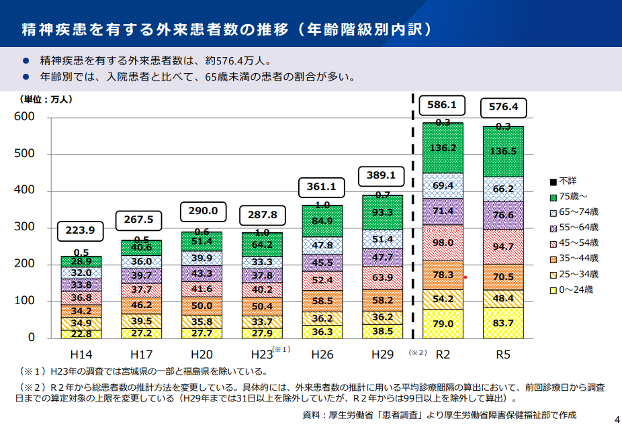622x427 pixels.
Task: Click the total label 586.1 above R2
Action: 441,105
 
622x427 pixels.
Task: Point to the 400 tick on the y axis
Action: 26,191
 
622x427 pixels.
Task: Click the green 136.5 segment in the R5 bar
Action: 503,152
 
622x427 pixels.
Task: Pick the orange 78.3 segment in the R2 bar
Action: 443,275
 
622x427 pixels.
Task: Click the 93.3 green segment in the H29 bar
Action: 382,213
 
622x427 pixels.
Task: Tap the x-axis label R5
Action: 502,353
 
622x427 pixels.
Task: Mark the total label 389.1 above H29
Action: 382,176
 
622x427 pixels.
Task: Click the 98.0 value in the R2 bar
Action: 443,242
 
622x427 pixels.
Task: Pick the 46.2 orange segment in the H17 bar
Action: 141,305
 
